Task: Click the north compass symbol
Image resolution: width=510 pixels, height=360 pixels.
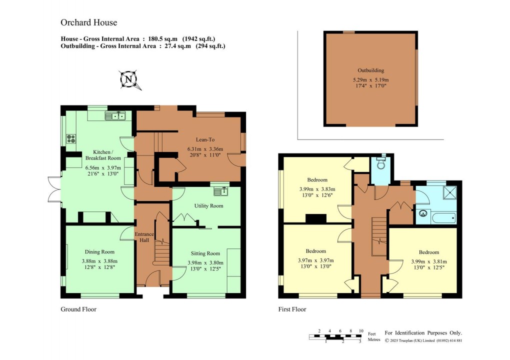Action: [129, 79]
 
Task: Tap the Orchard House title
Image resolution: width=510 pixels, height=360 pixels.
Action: [88, 22]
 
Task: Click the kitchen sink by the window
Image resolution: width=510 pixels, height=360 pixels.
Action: [115, 116]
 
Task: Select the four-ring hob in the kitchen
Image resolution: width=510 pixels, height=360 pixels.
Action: [70, 138]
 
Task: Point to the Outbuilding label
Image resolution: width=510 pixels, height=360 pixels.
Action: [370, 70]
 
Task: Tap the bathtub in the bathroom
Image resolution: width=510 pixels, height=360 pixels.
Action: [443, 217]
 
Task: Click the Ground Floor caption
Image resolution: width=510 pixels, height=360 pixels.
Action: [78, 309]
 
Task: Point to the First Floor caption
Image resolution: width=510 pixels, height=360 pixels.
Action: [292, 309]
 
